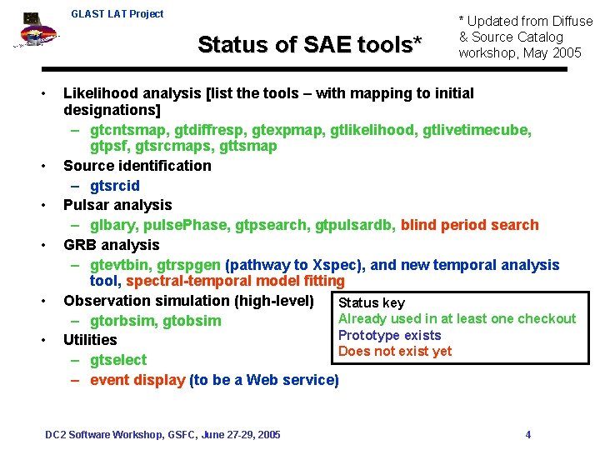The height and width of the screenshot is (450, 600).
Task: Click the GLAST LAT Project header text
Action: point(117,14)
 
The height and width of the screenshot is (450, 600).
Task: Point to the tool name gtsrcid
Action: point(115,185)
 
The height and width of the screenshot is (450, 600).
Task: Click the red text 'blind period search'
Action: point(470,225)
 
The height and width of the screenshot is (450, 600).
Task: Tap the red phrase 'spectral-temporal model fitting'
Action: point(235,282)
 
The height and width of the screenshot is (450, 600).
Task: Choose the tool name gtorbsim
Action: point(123,321)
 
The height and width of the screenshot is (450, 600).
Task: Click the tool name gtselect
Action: point(118,360)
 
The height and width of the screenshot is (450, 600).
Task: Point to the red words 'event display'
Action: point(137,380)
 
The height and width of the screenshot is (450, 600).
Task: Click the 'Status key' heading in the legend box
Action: point(371,302)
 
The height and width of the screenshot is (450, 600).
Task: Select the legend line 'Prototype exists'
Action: point(389,335)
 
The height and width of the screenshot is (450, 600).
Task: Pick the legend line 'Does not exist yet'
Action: point(395,351)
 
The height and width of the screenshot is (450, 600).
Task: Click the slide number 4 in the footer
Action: point(528,434)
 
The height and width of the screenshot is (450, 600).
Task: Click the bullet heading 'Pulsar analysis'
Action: point(117,205)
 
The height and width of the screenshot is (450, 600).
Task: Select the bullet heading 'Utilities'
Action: point(90,340)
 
